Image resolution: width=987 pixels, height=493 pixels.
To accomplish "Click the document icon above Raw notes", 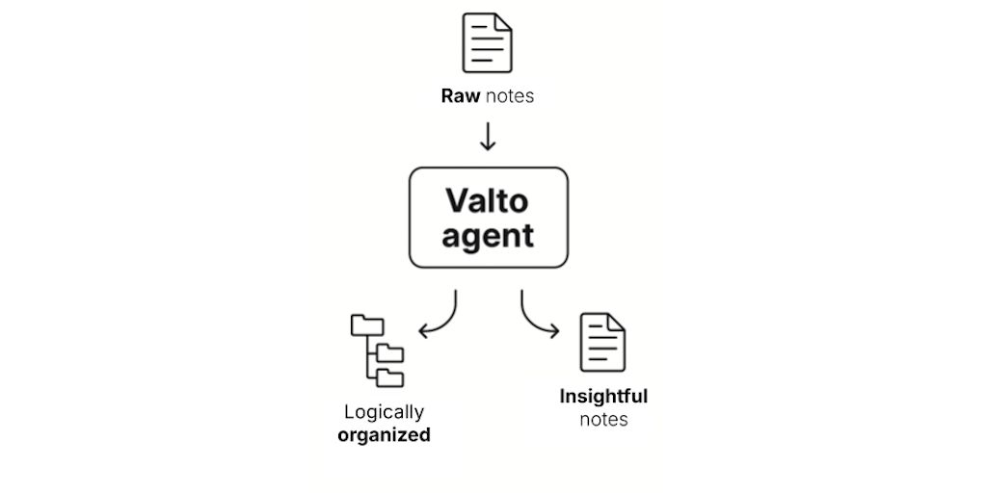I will click(488, 42).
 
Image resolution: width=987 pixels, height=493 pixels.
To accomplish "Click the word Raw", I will click(460, 96).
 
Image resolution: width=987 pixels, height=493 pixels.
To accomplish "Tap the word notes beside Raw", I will click(509, 96).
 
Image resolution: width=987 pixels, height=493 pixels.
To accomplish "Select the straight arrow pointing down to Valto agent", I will click(488, 136).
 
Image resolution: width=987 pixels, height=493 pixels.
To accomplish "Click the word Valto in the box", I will click(488, 202).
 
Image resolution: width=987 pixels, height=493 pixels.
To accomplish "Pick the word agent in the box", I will click(488, 235).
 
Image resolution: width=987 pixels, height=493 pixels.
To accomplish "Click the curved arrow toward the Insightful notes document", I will click(537, 319).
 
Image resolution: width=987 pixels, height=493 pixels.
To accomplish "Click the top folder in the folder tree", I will click(367, 325).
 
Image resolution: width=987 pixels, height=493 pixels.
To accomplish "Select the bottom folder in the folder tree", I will click(390, 376).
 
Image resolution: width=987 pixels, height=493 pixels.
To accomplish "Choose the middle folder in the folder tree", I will click(390, 350).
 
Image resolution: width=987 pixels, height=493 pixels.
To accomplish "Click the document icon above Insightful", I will click(602, 342).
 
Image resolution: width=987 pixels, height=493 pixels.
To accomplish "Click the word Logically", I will click(384, 412).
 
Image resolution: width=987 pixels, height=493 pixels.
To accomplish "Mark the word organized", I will click(384, 435).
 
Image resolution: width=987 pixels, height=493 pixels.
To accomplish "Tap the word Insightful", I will click(603, 397).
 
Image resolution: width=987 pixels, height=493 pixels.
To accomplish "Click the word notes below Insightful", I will click(603, 420).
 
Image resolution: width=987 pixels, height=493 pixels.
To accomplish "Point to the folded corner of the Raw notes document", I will click(503, 20).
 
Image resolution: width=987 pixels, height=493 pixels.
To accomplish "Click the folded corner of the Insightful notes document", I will click(617, 320).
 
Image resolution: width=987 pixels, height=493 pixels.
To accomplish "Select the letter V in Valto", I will click(455, 202).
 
